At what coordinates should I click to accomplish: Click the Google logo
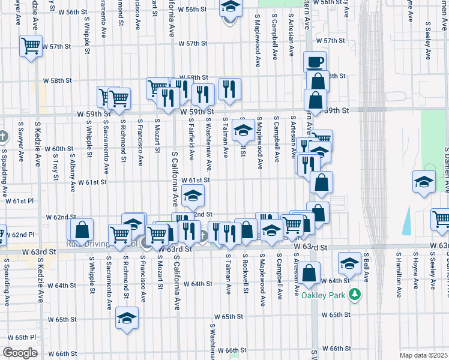click(x=20, y=353)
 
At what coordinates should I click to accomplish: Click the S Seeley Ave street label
click(x=428, y=41)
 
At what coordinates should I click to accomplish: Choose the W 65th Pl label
click(x=22, y=337)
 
